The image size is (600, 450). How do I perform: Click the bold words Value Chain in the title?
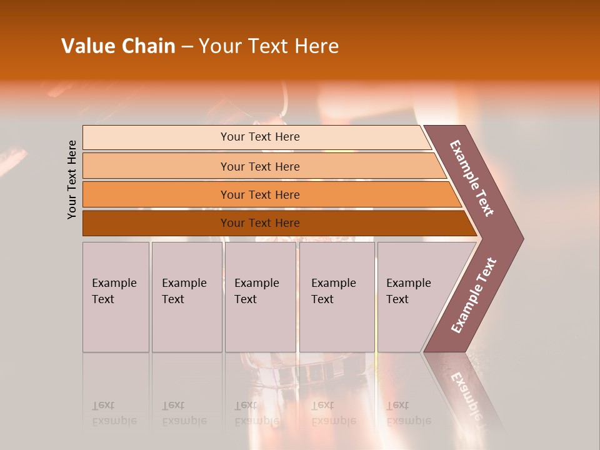click(118, 46)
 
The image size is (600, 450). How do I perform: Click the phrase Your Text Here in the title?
click(269, 46)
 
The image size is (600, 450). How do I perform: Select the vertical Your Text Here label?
click(72, 179)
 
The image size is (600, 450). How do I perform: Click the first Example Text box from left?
click(116, 297)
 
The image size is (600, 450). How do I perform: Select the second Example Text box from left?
click(186, 297)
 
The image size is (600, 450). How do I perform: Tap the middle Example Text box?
click(260, 297)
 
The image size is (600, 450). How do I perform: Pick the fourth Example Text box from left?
click(337, 297)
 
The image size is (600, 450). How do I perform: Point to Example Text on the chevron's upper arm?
click(472, 178)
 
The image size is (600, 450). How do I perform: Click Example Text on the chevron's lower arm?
click(474, 296)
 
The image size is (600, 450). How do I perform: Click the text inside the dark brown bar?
click(260, 223)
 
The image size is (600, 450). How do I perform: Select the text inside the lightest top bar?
click(260, 137)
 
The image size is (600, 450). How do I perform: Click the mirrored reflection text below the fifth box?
click(408, 413)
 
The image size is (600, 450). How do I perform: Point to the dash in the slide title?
click(187, 47)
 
